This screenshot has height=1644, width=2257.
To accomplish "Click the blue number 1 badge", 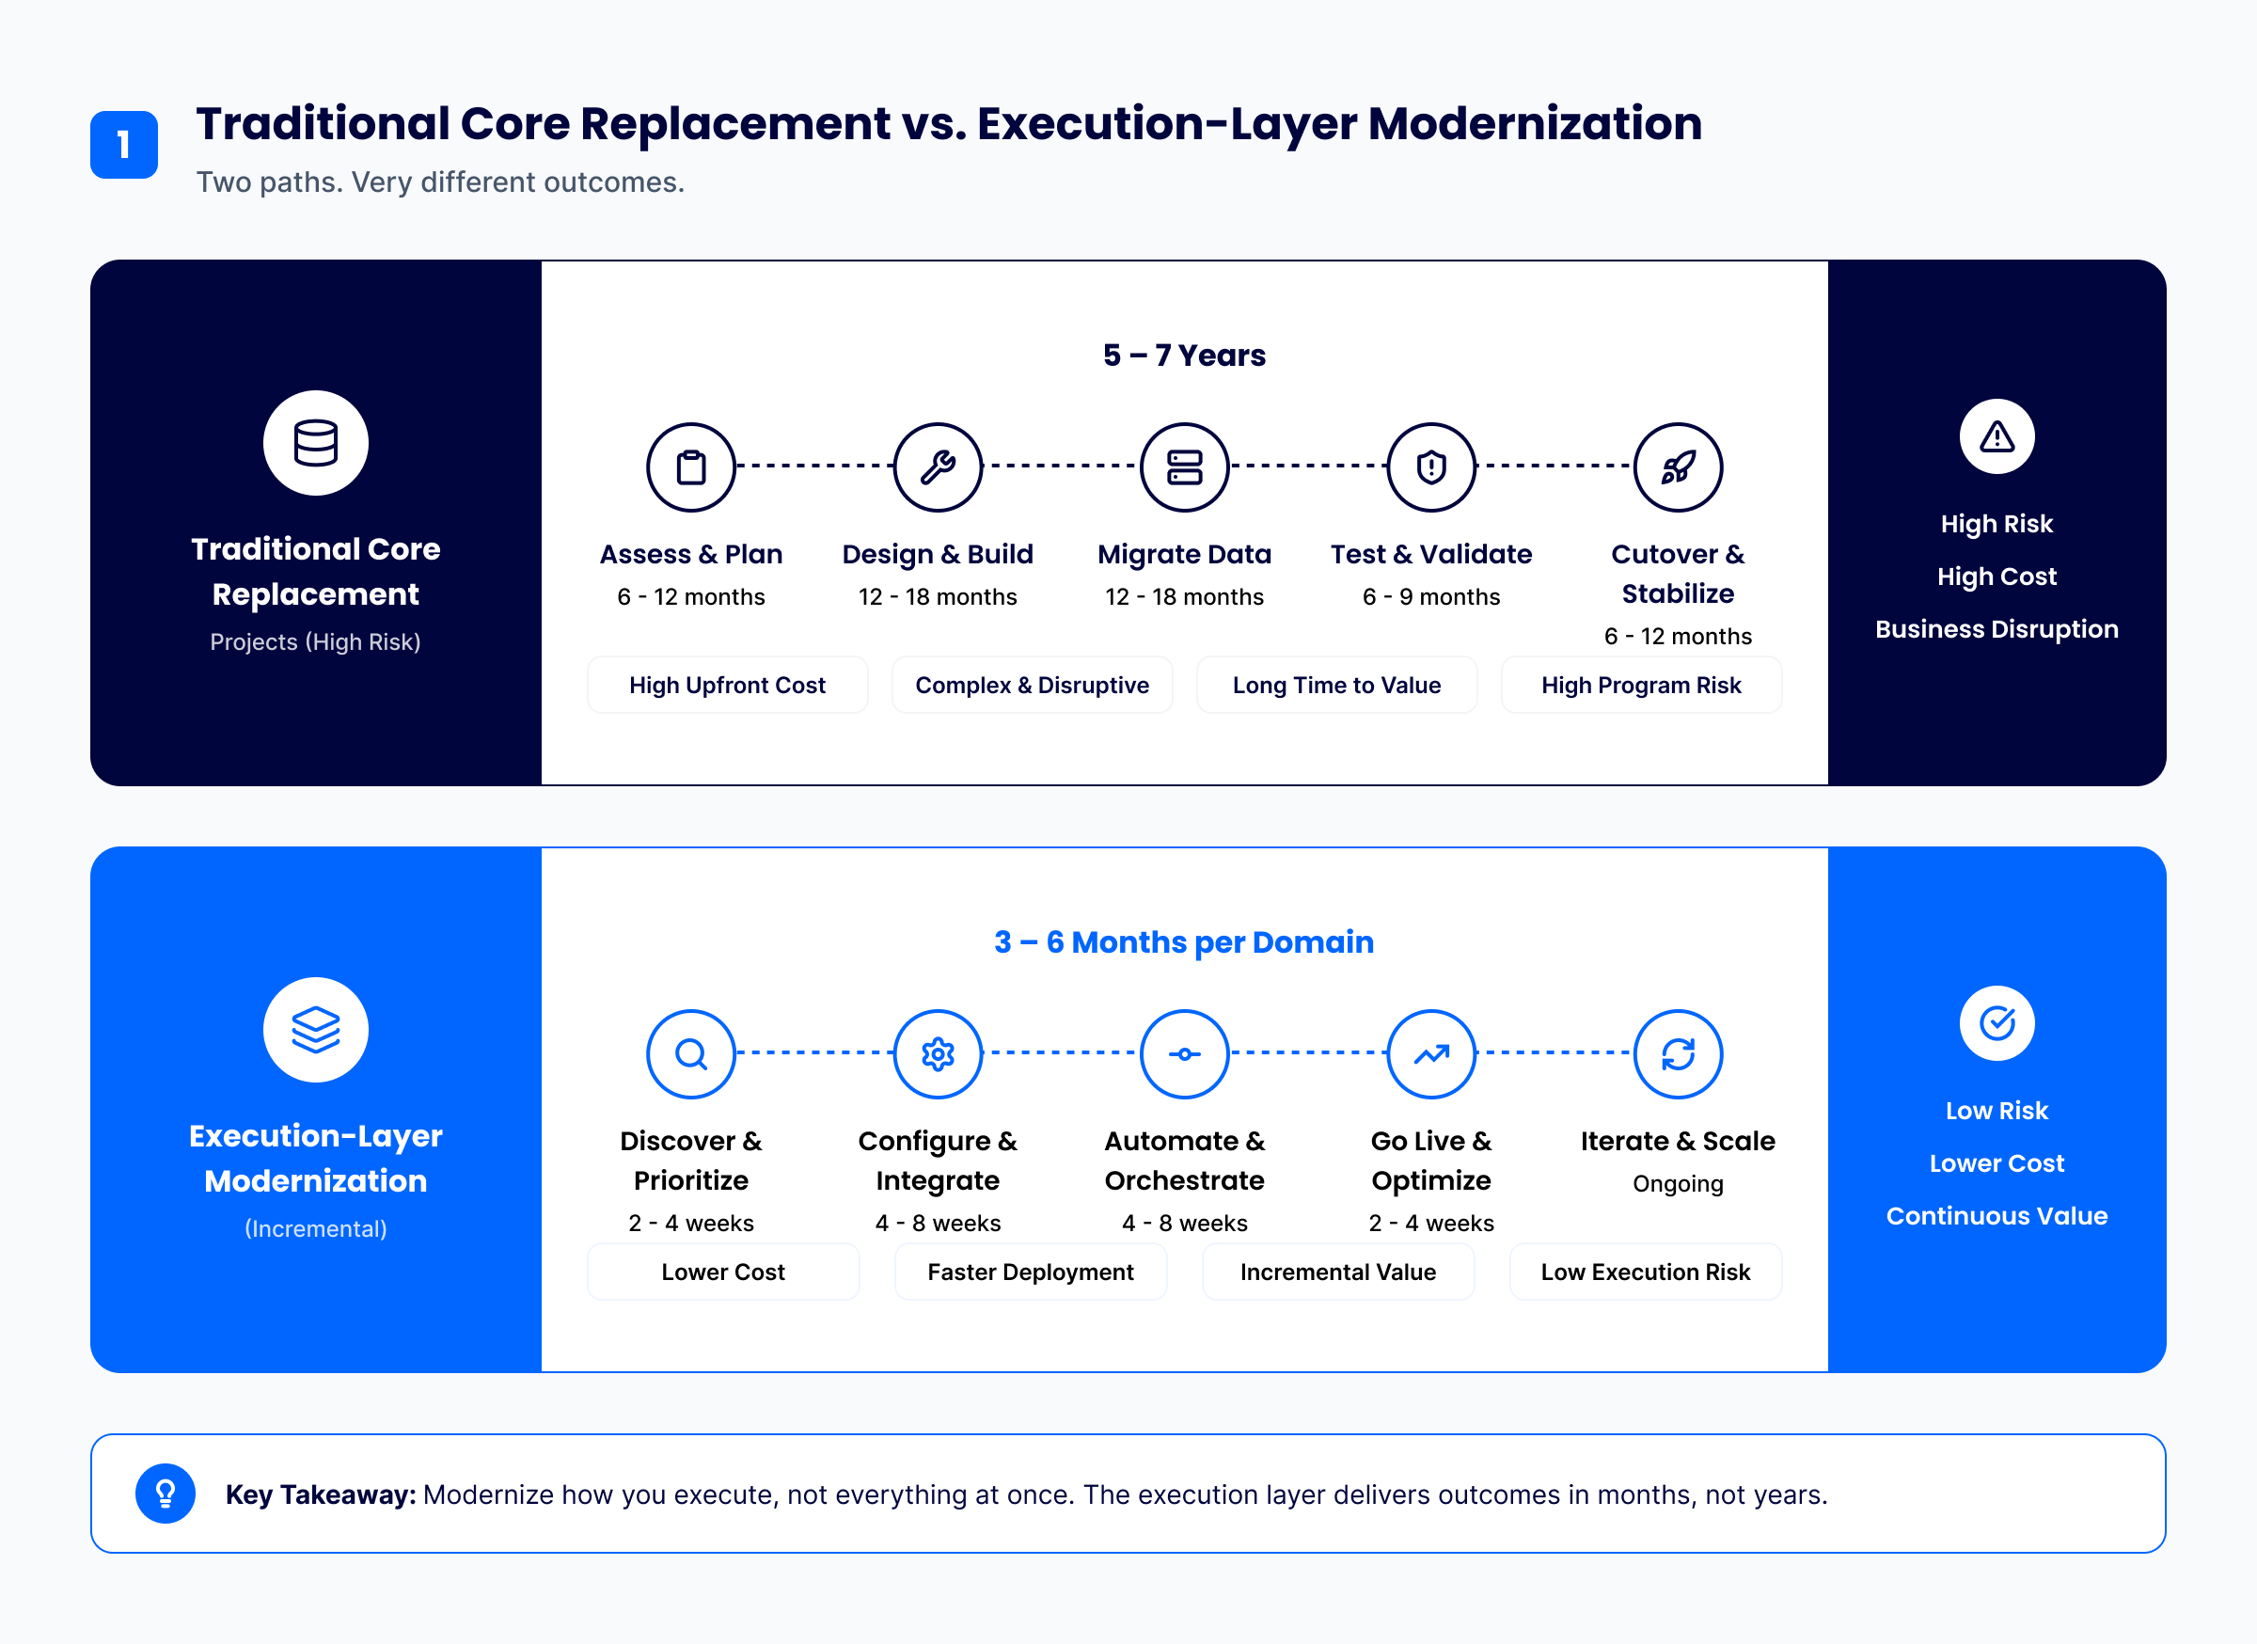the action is [x=123, y=144].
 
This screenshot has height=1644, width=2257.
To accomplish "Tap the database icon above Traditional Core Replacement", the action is [x=315, y=443].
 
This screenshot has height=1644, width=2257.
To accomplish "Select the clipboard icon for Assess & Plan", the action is [x=690, y=466].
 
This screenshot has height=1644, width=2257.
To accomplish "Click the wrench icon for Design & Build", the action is [x=938, y=466].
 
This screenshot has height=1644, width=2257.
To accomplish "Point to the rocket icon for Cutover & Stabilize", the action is [x=1678, y=466].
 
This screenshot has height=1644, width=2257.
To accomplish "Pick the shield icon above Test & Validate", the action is [x=1431, y=466].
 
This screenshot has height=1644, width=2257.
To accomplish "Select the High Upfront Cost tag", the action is [x=728, y=685].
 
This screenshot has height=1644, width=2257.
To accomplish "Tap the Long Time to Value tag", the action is [x=1336, y=685].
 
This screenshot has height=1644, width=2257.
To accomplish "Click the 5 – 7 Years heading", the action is [x=1184, y=356].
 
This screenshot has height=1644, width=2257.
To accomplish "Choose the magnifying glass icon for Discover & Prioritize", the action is [x=690, y=1054].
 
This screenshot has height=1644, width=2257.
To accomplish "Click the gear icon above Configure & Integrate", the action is [x=938, y=1054].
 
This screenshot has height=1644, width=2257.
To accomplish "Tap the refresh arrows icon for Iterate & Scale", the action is [x=1678, y=1054].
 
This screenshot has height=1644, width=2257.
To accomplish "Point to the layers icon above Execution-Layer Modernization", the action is [x=315, y=1030].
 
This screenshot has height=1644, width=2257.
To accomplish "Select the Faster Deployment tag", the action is [x=1031, y=1272].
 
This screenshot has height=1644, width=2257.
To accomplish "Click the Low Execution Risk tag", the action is [x=1646, y=1272].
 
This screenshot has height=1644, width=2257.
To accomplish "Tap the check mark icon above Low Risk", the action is [x=1997, y=1023].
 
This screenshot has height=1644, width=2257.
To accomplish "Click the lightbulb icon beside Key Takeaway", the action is [x=166, y=1494].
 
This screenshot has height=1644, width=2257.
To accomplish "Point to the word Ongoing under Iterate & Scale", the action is [x=1678, y=1184].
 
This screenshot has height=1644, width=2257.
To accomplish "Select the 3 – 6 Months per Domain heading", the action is [x=1184, y=942].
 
